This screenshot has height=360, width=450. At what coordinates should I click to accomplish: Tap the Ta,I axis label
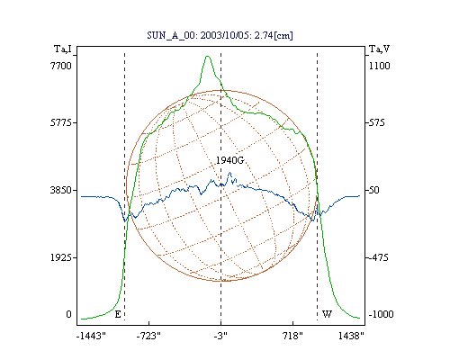click(x=63, y=49)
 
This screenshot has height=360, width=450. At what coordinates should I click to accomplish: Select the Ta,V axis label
click(x=380, y=49)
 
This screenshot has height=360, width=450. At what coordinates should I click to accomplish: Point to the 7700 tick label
click(x=61, y=66)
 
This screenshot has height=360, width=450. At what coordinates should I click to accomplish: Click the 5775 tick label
click(x=61, y=122)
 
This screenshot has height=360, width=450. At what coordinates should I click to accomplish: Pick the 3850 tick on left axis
click(x=61, y=190)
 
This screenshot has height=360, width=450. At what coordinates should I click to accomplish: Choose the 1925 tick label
click(x=61, y=257)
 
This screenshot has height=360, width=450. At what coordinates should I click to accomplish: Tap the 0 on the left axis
click(x=68, y=314)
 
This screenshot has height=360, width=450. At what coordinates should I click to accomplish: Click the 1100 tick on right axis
click(x=380, y=66)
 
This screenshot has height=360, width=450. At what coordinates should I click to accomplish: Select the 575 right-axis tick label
click(x=376, y=122)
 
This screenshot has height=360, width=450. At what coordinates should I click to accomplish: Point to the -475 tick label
click(x=378, y=257)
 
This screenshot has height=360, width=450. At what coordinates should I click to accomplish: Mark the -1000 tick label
click(x=381, y=314)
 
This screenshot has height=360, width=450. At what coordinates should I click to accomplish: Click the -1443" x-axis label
click(x=92, y=337)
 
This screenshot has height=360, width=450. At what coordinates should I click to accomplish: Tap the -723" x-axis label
click(x=148, y=337)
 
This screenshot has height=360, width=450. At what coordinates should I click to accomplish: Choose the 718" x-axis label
click(x=292, y=337)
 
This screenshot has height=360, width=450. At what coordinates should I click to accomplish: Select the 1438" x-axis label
click(x=351, y=337)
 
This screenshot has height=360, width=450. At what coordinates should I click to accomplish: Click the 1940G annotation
click(x=230, y=160)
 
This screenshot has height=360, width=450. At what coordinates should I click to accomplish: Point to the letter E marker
click(x=118, y=314)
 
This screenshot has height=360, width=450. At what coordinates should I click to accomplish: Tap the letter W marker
click(x=327, y=314)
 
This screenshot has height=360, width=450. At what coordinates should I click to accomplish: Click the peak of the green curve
click(x=207, y=56)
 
